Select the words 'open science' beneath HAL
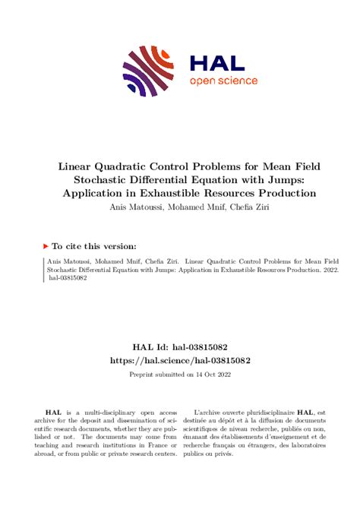[223, 81]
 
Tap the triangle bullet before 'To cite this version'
[44, 246]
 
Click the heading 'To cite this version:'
[94, 246]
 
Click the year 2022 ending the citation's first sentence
[329, 269]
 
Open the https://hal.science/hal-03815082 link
[180, 360]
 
